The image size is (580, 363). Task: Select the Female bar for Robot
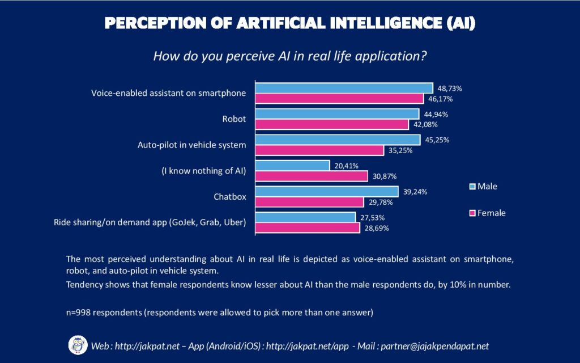point(331,124)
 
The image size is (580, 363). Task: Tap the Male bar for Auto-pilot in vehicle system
point(338,140)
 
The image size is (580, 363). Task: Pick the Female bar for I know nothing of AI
point(311,176)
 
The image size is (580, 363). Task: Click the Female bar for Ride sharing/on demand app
point(307,228)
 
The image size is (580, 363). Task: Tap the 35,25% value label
point(400,150)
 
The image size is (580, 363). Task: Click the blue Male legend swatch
point(471,186)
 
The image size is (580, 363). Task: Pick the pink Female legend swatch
point(471,213)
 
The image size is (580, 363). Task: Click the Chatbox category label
point(229,197)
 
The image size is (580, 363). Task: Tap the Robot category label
point(234,119)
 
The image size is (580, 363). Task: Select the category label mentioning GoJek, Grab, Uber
point(150,222)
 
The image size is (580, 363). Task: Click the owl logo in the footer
point(78,345)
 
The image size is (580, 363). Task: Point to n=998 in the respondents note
point(79,312)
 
